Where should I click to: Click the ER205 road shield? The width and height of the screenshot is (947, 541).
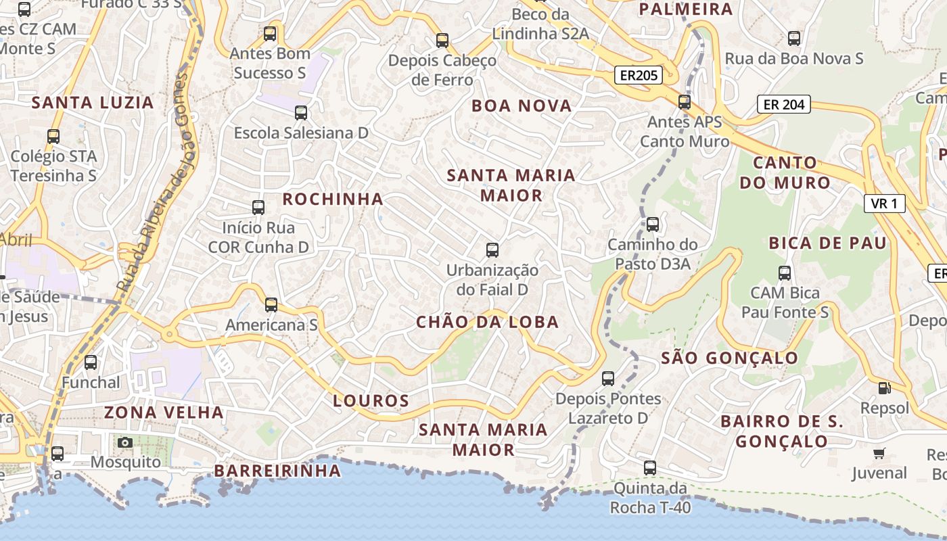pos(637,75)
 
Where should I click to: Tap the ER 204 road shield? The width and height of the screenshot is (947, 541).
pos(783,104)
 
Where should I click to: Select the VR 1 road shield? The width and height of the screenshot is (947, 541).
pos(884,204)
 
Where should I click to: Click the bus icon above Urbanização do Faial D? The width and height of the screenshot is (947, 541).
pos(492,250)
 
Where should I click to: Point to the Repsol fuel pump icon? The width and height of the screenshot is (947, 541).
pos(883,388)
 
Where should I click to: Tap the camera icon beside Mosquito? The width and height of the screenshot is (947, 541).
pos(124,443)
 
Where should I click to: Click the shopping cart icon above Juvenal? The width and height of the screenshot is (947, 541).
pos(879,453)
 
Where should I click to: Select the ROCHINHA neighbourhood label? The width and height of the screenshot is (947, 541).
pos(333,199)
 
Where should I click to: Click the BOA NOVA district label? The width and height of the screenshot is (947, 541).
pos(522,105)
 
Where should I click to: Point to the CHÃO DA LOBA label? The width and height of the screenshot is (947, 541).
pos(487,322)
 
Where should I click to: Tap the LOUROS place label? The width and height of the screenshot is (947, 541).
pos(371,400)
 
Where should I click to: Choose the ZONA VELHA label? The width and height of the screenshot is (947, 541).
pos(164,412)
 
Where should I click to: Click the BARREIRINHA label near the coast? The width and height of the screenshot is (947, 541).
pos(277,471)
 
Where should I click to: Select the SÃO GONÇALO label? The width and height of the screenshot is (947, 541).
pos(729,358)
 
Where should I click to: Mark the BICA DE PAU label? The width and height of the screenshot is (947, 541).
pos(827,243)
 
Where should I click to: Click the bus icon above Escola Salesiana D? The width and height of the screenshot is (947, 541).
pos(301,113)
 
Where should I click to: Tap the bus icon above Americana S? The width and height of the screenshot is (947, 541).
pos(271,305)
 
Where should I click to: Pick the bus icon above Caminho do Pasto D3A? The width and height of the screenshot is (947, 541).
pos(652,224)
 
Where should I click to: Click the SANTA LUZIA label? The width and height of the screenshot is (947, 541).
pos(93,103)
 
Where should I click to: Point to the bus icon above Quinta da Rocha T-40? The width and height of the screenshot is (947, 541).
pos(649,467)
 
